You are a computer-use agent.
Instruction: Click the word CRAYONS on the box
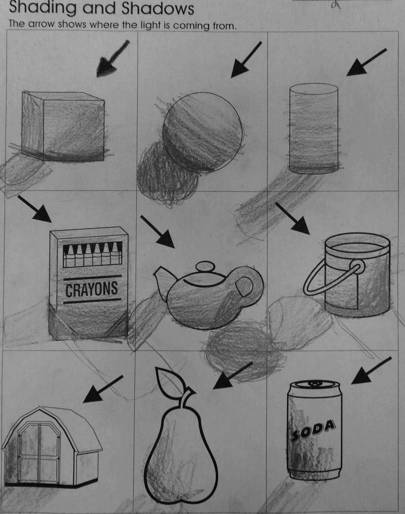[x=92, y=289]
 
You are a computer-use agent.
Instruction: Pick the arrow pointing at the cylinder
[x=366, y=62]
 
